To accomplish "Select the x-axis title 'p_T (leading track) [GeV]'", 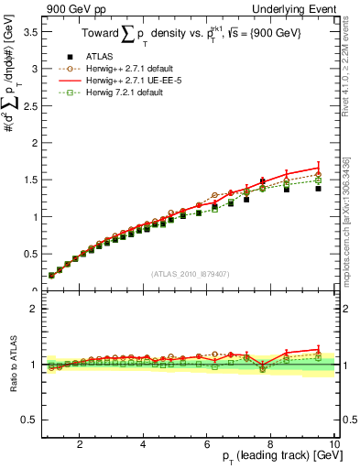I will [x=276, y=456].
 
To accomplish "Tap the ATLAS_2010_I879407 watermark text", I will [x=190, y=273].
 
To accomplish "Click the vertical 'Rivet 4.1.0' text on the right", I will [x=353, y=64].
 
